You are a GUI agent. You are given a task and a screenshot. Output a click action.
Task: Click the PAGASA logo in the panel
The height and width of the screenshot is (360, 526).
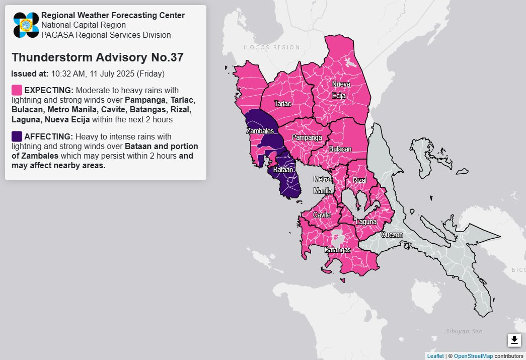[26, 25]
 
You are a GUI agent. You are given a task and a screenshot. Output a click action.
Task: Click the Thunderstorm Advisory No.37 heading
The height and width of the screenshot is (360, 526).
[97, 57]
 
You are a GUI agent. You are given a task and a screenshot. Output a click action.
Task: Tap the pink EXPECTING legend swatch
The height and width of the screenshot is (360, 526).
[17, 90]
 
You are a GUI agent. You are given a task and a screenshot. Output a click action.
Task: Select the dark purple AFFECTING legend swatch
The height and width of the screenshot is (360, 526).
[17, 136]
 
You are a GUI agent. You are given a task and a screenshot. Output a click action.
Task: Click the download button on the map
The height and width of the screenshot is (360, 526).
[514, 340]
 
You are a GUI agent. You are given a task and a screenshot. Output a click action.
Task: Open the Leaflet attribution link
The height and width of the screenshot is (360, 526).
[435, 356]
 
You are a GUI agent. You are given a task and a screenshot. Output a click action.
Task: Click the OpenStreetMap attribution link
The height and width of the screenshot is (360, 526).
[473, 356]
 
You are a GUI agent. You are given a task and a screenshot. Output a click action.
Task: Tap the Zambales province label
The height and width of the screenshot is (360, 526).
[259, 131]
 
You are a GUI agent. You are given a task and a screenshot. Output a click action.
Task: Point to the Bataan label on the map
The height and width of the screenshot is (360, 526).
[283, 171]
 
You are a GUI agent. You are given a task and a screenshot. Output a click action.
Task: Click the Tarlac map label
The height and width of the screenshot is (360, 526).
[282, 103]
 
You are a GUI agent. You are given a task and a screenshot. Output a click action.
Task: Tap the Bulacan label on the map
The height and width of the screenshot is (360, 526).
[340, 149]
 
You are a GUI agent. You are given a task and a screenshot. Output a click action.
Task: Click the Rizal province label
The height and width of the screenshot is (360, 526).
[360, 180]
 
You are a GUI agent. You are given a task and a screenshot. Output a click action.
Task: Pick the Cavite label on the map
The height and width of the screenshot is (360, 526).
[322, 215]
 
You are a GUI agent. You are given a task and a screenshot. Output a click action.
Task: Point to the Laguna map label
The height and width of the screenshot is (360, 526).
[366, 222]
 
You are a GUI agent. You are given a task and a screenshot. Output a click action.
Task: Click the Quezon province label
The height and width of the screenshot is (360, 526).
[392, 235]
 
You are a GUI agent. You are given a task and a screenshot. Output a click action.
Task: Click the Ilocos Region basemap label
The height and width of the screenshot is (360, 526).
[271, 47]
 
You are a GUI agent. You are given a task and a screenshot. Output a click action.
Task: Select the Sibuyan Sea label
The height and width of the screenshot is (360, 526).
[464, 331]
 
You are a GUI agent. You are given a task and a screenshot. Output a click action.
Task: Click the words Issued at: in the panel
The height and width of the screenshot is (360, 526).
[30, 74]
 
